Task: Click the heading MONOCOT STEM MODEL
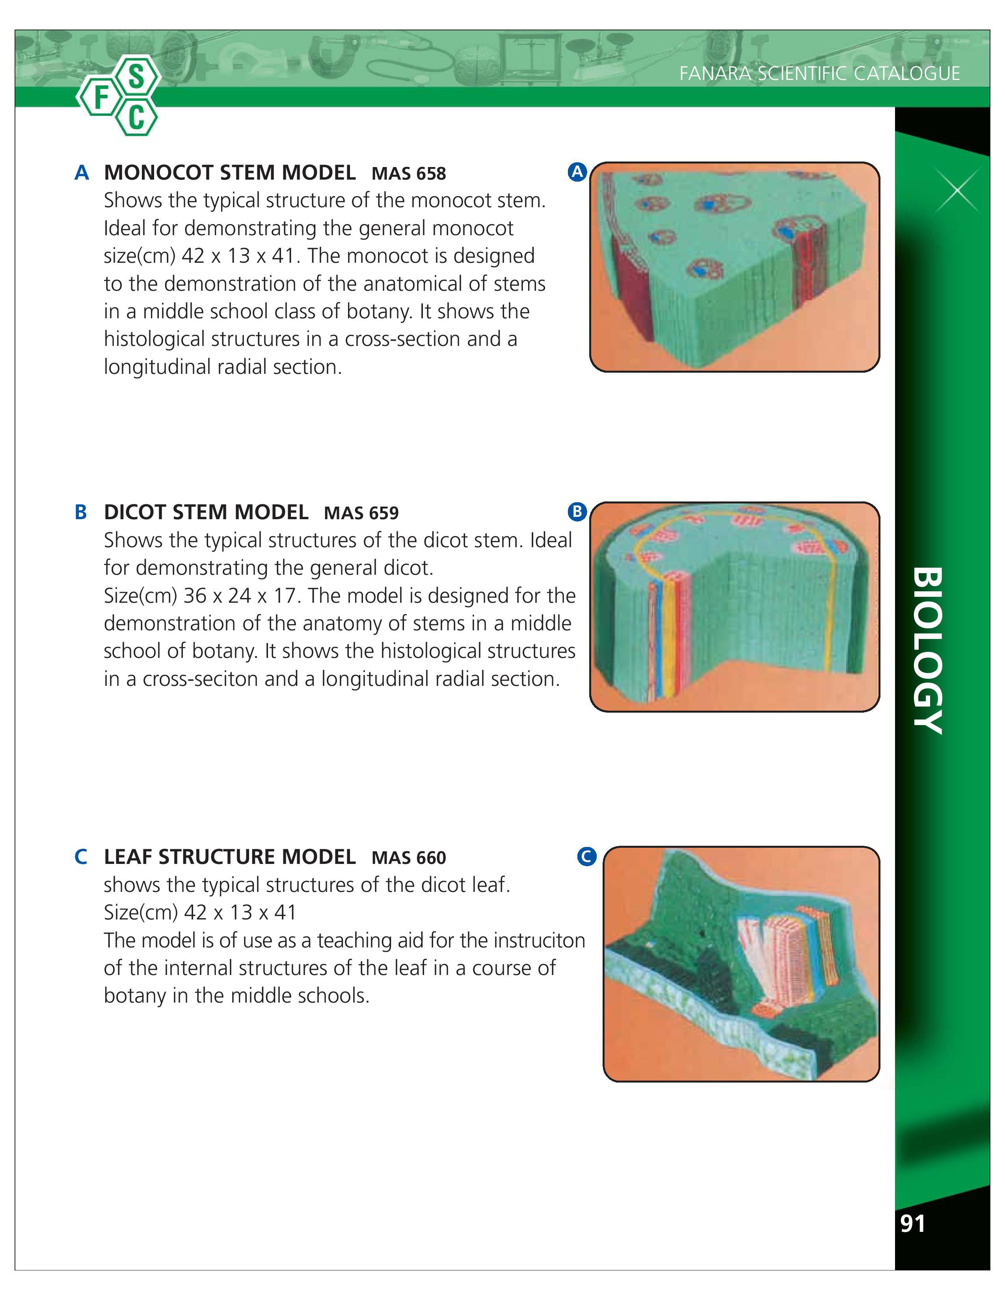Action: [x=230, y=173]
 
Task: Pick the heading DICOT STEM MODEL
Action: [x=206, y=512]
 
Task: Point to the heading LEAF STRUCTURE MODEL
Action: [x=230, y=856]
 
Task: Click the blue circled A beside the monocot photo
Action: [x=577, y=172]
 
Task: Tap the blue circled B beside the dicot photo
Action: [x=577, y=511]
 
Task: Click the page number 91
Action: [x=913, y=1224]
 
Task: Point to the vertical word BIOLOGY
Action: [x=927, y=651]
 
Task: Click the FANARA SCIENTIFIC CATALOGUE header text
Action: [x=819, y=73]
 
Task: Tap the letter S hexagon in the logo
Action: [x=136, y=77]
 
